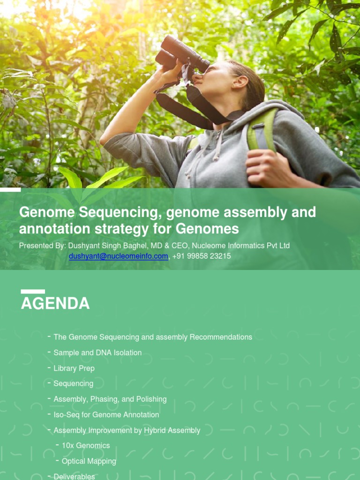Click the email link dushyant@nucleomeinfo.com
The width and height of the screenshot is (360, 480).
[x=118, y=256]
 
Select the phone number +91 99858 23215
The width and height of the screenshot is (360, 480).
[x=202, y=256]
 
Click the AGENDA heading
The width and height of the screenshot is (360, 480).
[x=55, y=303]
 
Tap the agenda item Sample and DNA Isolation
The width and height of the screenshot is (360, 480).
[x=97, y=352]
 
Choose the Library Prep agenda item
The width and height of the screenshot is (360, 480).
[x=74, y=368]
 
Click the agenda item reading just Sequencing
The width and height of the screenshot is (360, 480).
[x=74, y=383]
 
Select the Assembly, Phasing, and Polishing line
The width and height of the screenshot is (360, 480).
[x=110, y=399]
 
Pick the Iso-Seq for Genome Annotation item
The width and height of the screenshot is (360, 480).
[x=106, y=414]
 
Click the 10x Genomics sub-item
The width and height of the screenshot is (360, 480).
[x=86, y=445]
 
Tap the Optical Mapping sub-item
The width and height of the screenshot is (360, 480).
[x=89, y=461]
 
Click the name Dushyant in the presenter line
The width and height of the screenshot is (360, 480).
[x=85, y=246]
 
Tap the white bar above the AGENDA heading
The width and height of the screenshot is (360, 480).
[x=33, y=292]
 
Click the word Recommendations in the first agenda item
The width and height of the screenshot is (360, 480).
[x=221, y=337]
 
